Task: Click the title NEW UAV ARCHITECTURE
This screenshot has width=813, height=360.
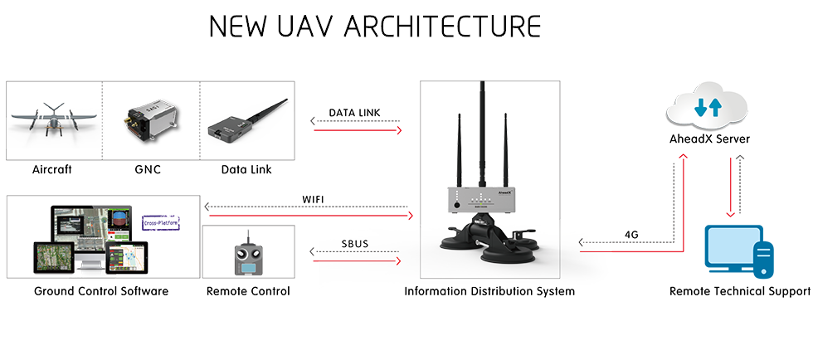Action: coord(375,27)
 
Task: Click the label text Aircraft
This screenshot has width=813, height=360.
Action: coord(52,170)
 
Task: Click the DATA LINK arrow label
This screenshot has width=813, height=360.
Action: coord(355,112)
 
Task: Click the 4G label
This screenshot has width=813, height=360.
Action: coord(631,234)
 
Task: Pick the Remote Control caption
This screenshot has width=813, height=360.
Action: coord(248,291)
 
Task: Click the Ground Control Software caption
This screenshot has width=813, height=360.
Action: coord(101,291)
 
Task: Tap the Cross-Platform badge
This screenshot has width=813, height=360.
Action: coord(162,222)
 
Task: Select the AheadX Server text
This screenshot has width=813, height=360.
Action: coord(708,139)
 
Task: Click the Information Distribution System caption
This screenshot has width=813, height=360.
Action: coord(489,291)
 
